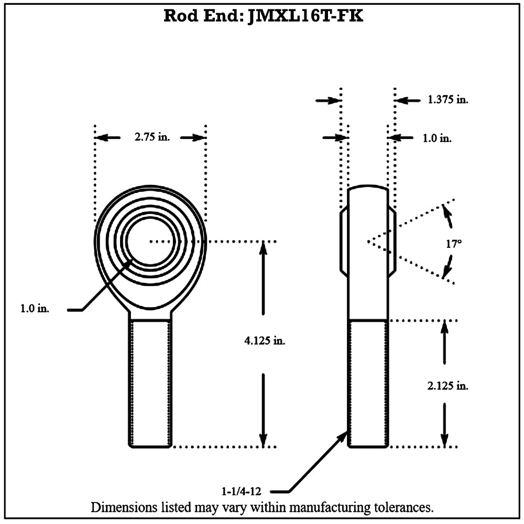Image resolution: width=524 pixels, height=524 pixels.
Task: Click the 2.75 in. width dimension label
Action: click(152, 137)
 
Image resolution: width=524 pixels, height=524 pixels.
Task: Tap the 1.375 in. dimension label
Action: click(448, 99)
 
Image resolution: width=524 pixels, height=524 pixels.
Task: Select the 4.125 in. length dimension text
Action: click(265, 341)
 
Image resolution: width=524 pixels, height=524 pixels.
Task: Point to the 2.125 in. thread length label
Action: click(448, 386)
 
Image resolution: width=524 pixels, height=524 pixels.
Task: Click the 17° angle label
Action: click(454, 244)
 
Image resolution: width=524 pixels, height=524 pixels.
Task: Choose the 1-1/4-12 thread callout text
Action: click(241, 492)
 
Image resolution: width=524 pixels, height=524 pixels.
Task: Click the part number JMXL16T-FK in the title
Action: click(305, 16)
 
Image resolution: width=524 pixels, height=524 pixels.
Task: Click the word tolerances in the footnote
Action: click(402, 507)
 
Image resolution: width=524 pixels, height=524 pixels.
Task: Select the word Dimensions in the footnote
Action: click(124, 507)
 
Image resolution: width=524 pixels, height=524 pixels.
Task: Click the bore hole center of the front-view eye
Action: click(150, 241)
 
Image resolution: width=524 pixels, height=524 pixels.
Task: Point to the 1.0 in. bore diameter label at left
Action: click(35, 309)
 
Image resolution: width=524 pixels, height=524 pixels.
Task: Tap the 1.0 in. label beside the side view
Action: click(437, 138)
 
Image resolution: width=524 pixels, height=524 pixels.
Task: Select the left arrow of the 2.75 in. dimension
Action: click(107, 137)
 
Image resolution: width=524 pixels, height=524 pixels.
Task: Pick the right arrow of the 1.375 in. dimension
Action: click(407, 100)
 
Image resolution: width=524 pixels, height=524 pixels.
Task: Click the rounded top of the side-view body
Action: click(368, 187)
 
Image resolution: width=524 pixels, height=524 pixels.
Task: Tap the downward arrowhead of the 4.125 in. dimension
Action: click(264, 441)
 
